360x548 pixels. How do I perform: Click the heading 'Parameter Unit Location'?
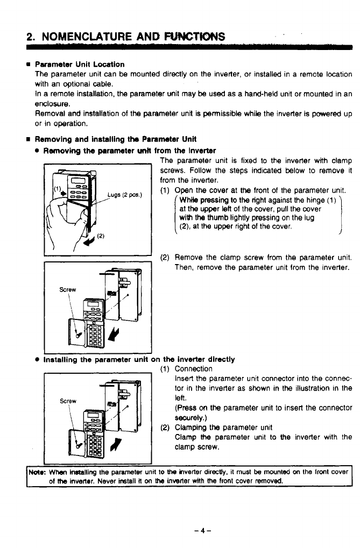[80, 65]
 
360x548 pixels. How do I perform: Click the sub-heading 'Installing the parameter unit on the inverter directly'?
[139, 359]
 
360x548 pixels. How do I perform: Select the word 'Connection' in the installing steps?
[194, 369]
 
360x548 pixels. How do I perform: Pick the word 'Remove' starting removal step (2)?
[188, 257]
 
